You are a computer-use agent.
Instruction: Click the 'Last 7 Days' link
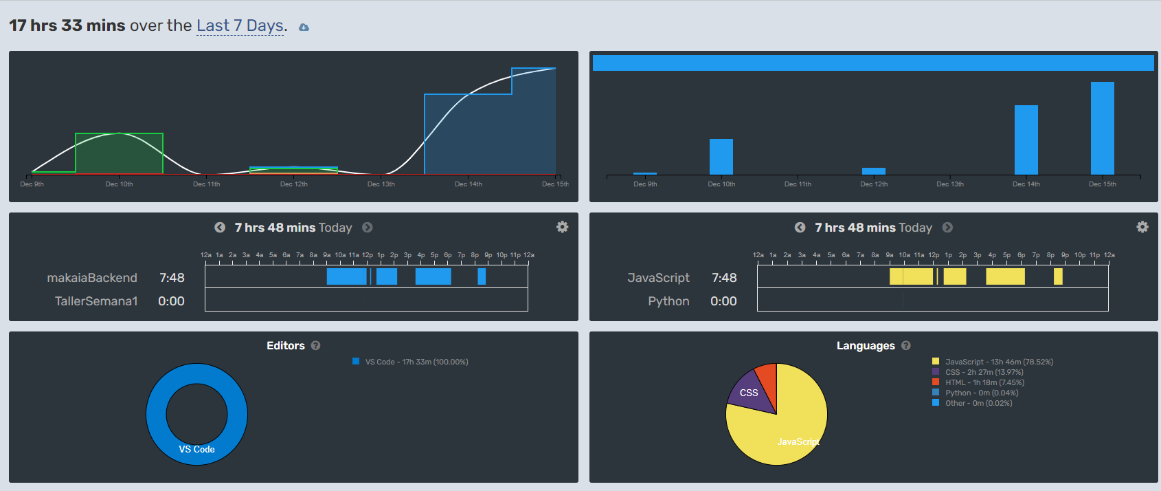240,26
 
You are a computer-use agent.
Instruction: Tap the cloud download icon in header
304,28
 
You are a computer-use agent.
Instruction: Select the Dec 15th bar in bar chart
1102,128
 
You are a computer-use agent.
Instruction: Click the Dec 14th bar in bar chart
1026,140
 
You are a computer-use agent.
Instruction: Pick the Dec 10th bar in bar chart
721,157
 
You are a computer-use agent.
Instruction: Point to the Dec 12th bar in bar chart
873,171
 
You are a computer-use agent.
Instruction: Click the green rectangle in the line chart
119,153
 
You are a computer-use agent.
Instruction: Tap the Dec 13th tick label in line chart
381,184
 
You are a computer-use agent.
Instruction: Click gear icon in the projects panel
562,227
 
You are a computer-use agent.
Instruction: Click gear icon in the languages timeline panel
1142,227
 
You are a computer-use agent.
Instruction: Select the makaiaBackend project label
92,278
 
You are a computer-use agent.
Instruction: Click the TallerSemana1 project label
96,301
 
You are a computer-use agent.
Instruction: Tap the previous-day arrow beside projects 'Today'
220,228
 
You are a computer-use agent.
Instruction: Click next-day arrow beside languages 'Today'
947,228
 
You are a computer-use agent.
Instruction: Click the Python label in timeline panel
668,301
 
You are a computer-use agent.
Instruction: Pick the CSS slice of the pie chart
749,393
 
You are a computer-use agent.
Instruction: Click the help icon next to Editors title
315,346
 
